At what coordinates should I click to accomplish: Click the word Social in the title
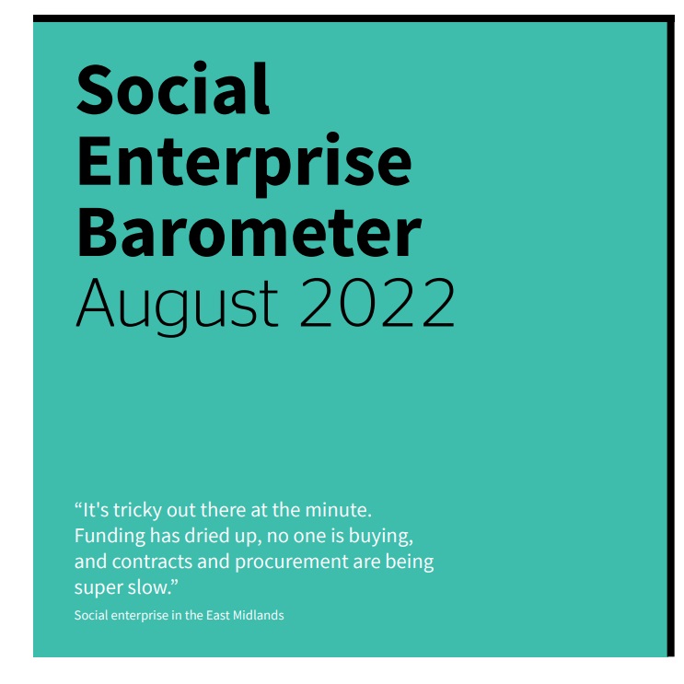coord(173,90)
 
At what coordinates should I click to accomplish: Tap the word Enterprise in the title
coord(244,162)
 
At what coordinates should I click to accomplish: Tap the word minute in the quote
coord(342,509)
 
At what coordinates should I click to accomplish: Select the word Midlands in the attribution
coord(260,615)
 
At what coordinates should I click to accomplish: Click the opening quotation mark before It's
coord(78,506)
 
